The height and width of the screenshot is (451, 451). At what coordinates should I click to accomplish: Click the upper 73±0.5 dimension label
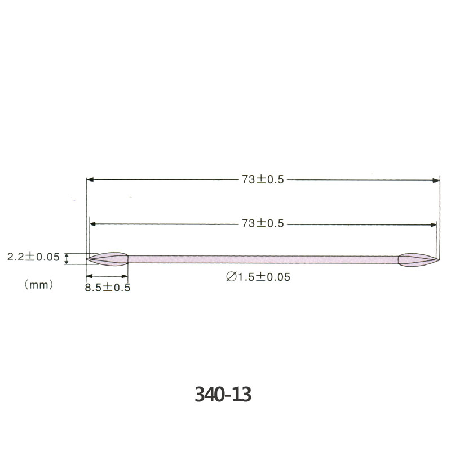tap(263, 179)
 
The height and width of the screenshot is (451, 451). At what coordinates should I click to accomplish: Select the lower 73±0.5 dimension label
tap(263, 223)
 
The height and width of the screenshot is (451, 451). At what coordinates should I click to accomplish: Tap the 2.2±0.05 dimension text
tap(33, 257)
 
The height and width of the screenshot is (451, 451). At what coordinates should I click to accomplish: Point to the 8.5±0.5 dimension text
tap(108, 288)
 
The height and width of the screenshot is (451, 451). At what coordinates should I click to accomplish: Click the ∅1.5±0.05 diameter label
tap(258, 277)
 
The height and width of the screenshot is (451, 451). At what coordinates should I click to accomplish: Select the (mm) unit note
tap(39, 285)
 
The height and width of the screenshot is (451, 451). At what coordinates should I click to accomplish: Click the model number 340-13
tap(223, 394)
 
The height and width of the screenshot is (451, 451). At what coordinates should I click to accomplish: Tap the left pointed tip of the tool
tap(87, 259)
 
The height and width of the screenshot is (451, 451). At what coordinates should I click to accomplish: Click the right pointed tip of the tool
tap(440, 260)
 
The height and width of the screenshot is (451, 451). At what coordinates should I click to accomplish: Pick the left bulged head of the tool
tap(108, 259)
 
